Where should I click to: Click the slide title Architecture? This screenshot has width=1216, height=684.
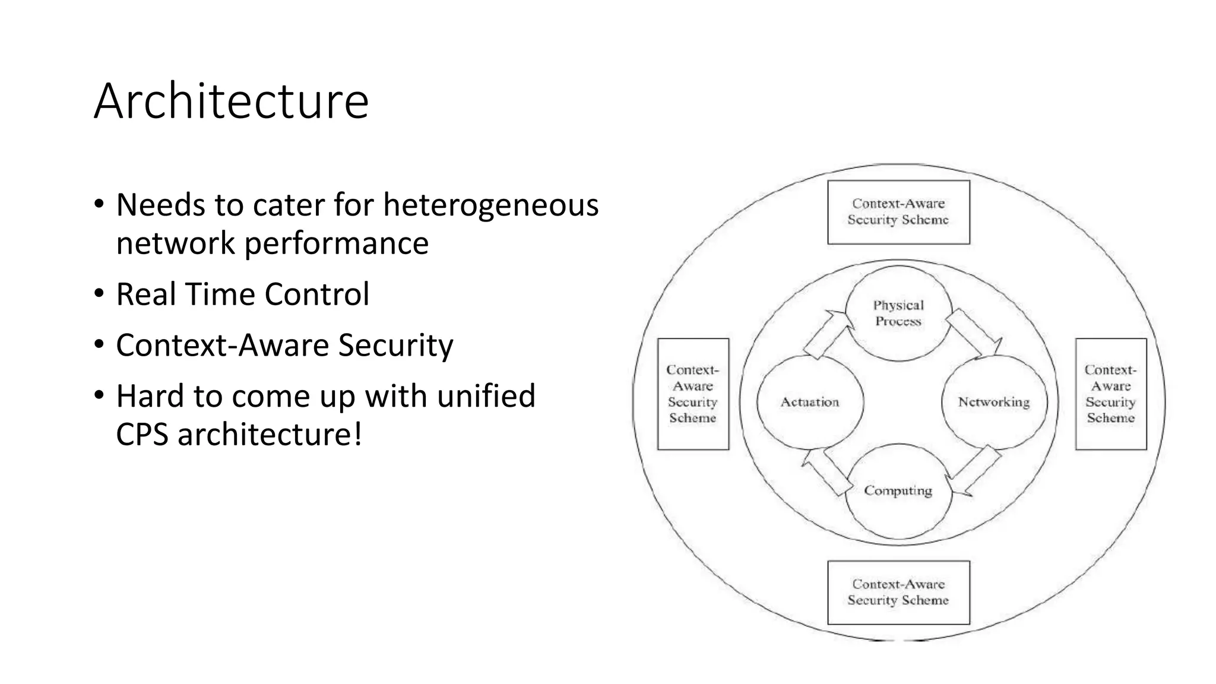click(231, 101)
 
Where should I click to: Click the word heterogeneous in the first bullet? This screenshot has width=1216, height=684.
click(490, 205)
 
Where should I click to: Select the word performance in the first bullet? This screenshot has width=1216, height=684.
click(337, 243)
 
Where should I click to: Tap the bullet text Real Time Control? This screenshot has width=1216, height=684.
click(242, 294)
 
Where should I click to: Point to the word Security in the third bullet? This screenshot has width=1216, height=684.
click(395, 345)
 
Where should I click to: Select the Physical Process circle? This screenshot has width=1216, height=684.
click(898, 313)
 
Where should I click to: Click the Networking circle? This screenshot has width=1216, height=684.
click(993, 402)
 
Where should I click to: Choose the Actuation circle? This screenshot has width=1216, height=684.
click(810, 402)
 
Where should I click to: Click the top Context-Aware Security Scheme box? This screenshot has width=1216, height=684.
click(898, 212)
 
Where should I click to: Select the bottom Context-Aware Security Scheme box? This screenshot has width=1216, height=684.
click(898, 592)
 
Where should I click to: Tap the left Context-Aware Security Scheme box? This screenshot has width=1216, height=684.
click(693, 394)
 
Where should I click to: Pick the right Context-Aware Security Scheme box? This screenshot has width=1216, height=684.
click(1110, 394)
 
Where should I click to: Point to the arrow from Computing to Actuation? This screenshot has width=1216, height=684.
click(825, 471)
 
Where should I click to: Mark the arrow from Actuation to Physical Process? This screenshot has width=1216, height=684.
click(826, 334)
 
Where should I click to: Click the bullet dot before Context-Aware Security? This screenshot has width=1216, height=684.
click(99, 344)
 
